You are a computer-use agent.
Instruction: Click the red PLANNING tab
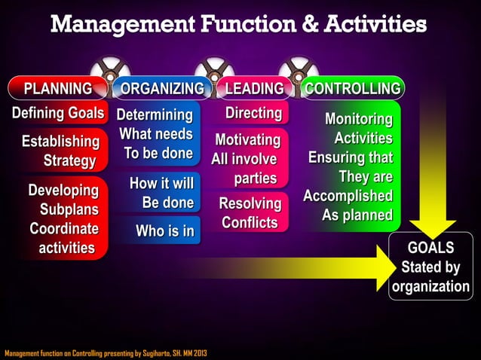click(57, 89)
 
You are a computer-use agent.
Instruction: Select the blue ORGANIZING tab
click(161, 89)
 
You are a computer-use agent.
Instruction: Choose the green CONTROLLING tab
click(351, 89)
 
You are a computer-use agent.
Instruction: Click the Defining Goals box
click(57, 114)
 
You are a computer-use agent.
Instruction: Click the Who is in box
click(164, 230)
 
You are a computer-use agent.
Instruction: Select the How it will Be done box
click(161, 193)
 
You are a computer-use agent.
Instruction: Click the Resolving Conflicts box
click(249, 212)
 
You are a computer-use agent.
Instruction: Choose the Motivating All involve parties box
click(247, 159)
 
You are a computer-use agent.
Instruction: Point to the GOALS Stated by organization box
click(430, 267)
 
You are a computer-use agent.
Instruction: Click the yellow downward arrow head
click(432, 223)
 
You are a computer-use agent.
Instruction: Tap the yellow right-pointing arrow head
click(391, 269)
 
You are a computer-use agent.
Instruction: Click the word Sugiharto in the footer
click(152, 353)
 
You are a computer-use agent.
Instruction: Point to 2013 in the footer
click(200, 353)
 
